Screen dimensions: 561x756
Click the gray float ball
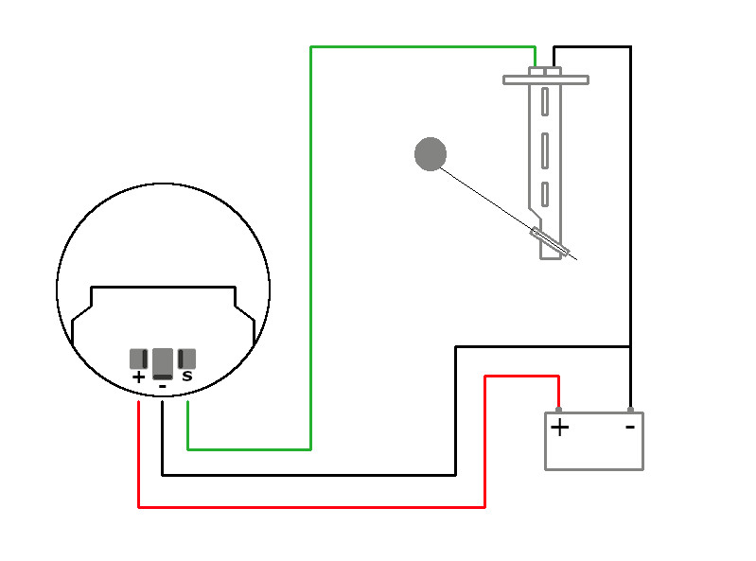tap(431, 154)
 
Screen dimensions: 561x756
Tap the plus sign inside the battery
tap(560, 428)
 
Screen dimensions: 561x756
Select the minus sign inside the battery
tap(629, 427)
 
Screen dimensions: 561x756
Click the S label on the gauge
tap(186, 377)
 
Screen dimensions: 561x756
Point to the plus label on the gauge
tap(139, 377)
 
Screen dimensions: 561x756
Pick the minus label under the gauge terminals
tap(163, 386)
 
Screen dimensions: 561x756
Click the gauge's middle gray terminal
tap(163, 362)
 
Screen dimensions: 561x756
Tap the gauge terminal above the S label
tap(186, 359)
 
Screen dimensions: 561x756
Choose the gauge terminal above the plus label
tap(139, 359)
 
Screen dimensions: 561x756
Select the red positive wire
tap(312, 507)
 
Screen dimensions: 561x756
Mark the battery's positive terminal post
tap(558, 410)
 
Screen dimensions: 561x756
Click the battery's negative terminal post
tap(630, 410)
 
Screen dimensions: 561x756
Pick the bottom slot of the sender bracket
tap(545, 193)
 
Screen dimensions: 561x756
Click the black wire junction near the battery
tap(630, 346)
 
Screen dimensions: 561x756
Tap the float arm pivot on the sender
tap(550, 241)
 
